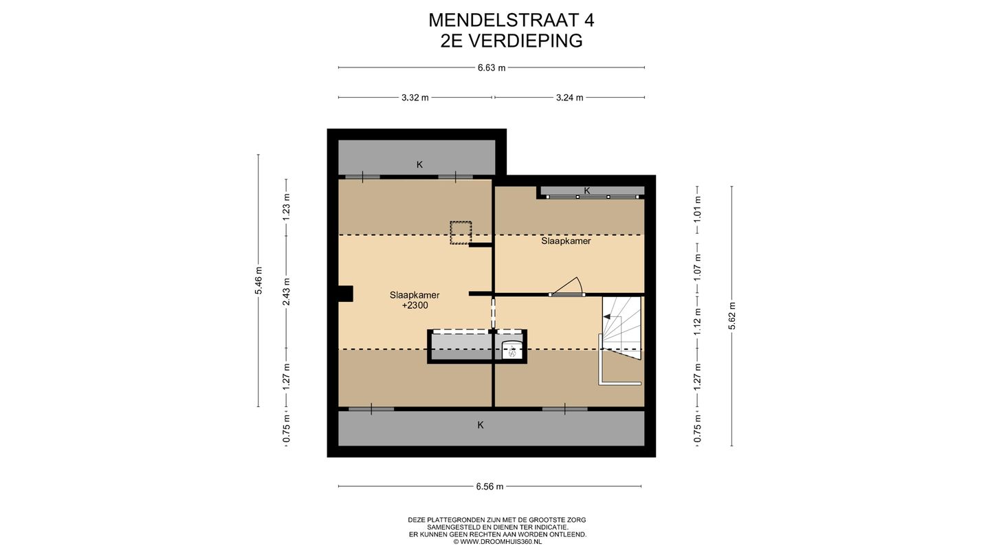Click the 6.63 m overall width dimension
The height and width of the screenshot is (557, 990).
pyautogui.click(x=492, y=67)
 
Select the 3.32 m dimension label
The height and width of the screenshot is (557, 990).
pyautogui.click(x=415, y=98)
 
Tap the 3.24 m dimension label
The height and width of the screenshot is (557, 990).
pyautogui.click(x=569, y=98)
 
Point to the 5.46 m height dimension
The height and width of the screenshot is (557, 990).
pyautogui.click(x=258, y=280)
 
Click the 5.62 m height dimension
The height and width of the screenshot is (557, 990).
pyautogui.click(x=732, y=316)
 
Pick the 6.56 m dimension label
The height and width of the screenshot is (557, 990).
pyautogui.click(x=489, y=487)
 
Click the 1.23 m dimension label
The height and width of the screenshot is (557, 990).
pyautogui.click(x=287, y=206)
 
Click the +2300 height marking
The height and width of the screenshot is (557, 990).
pyautogui.click(x=415, y=305)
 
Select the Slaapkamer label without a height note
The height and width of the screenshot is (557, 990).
pyautogui.click(x=566, y=241)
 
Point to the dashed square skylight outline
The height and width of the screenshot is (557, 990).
pyautogui.click(x=460, y=232)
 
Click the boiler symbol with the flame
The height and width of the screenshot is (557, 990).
pyautogui.click(x=511, y=351)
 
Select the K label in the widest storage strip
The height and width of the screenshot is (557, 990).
pyautogui.click(x=481, y=425)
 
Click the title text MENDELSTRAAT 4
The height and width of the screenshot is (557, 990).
pyautogui.click(x=511, y=20)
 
